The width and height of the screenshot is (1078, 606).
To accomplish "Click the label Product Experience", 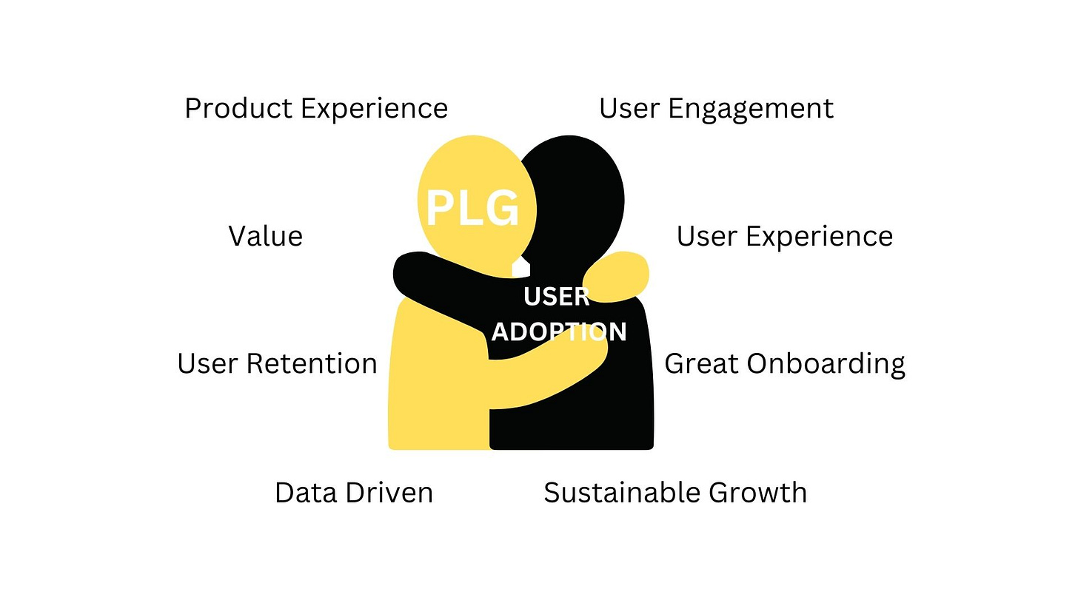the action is (316, 109).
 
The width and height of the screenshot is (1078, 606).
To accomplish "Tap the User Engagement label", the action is (716, 109).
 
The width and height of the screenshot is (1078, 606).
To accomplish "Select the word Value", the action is (265, 237).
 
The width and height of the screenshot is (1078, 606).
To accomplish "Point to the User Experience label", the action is (784, 237).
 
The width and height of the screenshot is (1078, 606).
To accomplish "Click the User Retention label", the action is (277, 364).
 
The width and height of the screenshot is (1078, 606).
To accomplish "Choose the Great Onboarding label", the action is (784, 364).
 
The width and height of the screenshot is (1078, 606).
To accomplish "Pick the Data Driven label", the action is (353, 493).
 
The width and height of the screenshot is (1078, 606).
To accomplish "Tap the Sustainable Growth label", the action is (674, 493).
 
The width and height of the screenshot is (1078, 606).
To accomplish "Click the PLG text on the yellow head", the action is (472, 208).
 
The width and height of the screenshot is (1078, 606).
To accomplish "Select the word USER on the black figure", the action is (556, 297).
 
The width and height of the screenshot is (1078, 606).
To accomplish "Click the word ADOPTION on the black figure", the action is (559, 332).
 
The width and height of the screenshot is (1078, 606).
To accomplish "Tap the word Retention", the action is (311, 364).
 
